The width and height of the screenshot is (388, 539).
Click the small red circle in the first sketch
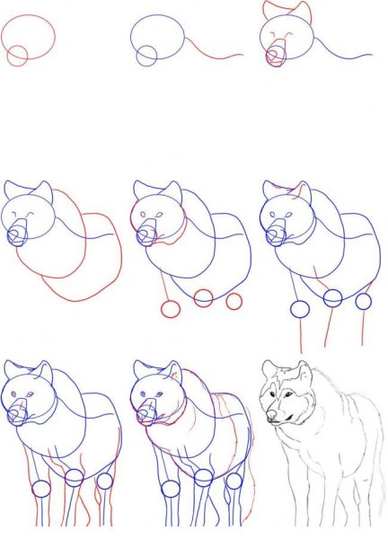pyautogui.click(x=16, y=56)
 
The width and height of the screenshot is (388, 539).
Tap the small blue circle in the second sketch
pyautogui.click(x=146, y=56)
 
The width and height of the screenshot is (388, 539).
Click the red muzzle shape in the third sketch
pyautogui.click(x=276, y=58)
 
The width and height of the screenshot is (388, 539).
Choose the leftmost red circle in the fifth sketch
pyautogui.click(x=171, y=309)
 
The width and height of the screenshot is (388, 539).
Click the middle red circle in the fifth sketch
pyautogui.click(x=203, y=297)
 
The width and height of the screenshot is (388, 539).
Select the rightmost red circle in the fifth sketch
pyautogui.click(x=234, y=299)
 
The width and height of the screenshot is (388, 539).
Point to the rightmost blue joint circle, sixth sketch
pyautogui.click(x=363, y=301)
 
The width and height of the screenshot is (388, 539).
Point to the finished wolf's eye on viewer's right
pyautogui.click(x=292, y=395)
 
